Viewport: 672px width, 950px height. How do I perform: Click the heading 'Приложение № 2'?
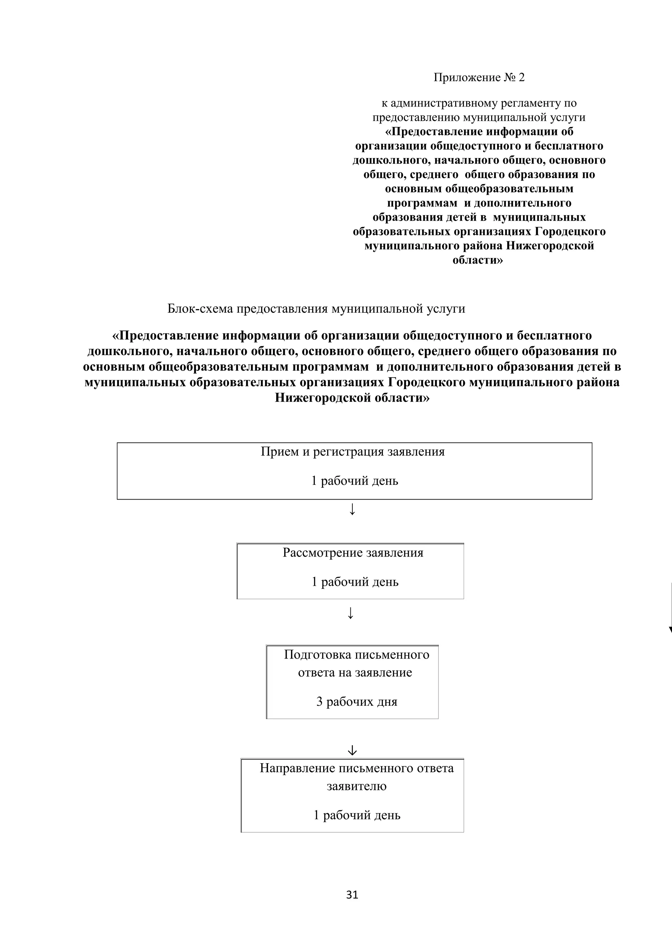point(479,77)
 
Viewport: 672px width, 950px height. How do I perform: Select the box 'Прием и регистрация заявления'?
point(354,471)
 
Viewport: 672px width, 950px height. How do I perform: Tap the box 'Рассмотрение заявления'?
point(350,571)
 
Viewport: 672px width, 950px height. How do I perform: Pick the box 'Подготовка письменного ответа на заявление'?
point(352,681)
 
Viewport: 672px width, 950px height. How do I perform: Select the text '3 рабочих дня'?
point(356,702)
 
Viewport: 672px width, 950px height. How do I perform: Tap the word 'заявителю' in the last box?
point(356,786)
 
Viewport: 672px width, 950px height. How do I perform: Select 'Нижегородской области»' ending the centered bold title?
point(352,398)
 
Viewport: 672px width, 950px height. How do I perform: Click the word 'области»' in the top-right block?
point(478,260)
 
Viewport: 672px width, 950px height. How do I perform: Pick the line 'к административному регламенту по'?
point(479,103)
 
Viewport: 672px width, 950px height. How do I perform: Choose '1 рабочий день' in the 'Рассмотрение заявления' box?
point(355,582)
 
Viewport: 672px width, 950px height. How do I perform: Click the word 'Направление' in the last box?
point(297,768)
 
